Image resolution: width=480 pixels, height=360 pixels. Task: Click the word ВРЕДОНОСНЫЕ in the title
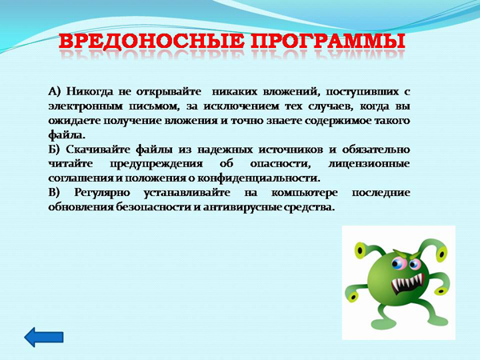tap(151, 41)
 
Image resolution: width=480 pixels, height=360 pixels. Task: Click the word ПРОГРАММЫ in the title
tap(328, 41)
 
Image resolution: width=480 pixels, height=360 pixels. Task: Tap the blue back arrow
tap(44, 338)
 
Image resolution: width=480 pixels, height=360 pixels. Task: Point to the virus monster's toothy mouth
tap(408, 283)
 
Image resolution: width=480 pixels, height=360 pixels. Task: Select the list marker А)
tap(54, 91)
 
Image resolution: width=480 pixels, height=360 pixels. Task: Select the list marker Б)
tap(54, 150)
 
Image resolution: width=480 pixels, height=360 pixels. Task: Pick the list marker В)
tap(54, 193)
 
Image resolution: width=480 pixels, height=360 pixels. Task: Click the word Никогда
tap(90, 91)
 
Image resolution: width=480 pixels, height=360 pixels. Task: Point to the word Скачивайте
tap(98, 150)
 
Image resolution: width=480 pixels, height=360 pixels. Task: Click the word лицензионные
tap(369, 164)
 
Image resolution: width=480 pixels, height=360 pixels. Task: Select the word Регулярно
tap(102, 193)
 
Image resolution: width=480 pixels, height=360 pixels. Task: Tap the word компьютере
tap(304, 193)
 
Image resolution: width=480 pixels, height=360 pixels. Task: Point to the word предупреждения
tap(156, 164)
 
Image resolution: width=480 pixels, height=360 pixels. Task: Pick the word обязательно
tap(376, 150)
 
